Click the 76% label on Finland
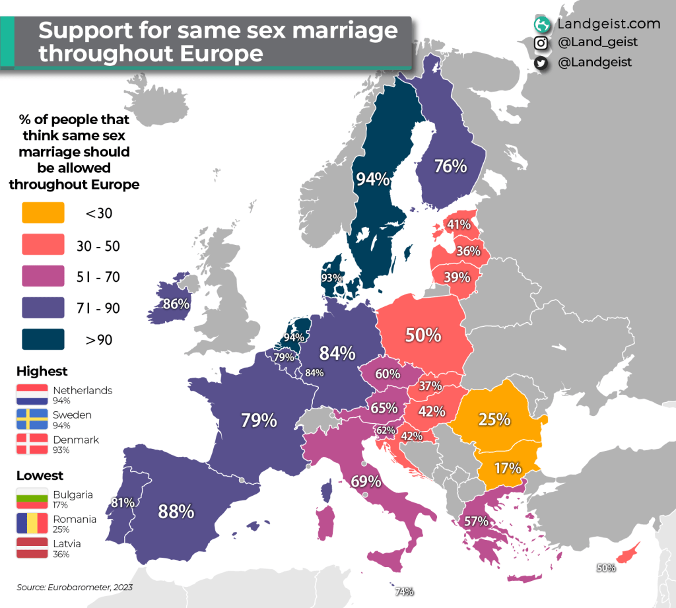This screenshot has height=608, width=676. tap(450, 166)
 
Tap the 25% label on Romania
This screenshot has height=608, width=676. tap(494, 419)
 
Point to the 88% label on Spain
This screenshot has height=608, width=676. tap(176, 511)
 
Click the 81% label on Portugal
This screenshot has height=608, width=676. tap(123, 502)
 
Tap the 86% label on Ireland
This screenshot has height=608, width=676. tap(176, 304)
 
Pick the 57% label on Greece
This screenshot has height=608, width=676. tap(475, 521)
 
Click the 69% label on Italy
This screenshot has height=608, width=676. tap(366, 481)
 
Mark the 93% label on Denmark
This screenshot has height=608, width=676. tap(331, 278)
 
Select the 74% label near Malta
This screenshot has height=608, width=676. tap(404, 591)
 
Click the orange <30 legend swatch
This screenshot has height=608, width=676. tap(43, 213)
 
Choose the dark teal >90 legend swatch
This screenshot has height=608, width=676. tap(43, 339)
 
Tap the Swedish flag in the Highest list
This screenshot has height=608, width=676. tap(32, 420)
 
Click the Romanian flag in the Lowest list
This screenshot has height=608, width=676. tap(32, 524)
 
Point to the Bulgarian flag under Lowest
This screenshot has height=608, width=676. tap(32, 499)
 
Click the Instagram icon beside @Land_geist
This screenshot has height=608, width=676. tap(541, 43)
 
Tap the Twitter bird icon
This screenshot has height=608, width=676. tap(541, 63)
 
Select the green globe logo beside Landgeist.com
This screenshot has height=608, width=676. tap(542, 24)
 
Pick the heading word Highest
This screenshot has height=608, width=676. tap(42, 371)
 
